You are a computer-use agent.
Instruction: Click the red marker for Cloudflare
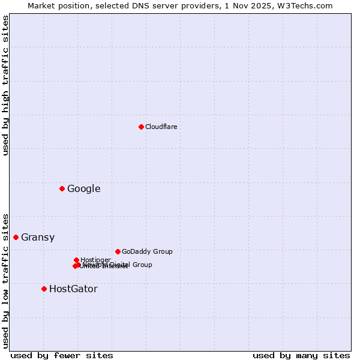pos(141,127)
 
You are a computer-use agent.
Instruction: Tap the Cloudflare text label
pos(161,127)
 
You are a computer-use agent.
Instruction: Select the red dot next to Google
pos(62,189)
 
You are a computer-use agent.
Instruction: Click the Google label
pos(83,189)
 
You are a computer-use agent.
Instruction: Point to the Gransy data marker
pos(16,237)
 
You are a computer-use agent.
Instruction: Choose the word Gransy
pos(38,238)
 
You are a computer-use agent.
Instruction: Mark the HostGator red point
pos(44,289)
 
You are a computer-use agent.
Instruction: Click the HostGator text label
pos(73,289)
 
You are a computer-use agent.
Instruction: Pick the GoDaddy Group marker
pos(118,251)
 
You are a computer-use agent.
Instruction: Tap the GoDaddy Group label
pos(147,252)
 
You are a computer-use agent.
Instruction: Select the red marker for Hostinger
pos(76,260)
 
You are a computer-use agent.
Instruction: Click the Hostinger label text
pos(95,260)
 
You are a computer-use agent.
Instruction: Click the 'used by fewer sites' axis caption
pos(62,355)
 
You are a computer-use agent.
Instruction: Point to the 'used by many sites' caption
pos(301,355)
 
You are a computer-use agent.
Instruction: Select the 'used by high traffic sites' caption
pos(5,85)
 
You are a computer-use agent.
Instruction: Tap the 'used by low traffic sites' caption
pos(5,280)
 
